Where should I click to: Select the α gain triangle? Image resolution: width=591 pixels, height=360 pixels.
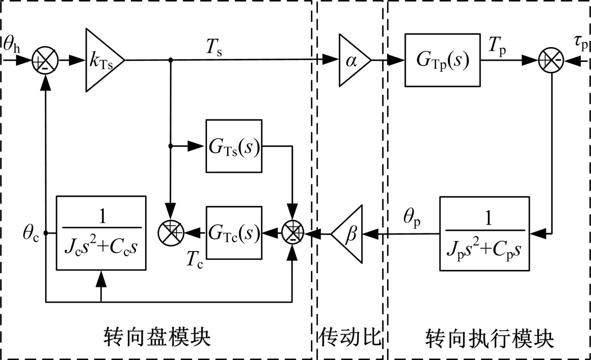coord(352,60)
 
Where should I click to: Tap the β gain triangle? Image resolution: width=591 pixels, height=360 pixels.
coord(349,233)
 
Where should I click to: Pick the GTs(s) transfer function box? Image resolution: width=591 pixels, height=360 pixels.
coord(234,146)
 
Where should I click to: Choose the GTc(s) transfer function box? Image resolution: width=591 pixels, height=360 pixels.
coord(234,232)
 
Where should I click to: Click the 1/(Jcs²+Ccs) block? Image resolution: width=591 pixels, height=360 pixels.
coord(101,232)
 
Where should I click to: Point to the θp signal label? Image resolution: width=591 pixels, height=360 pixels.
coord(412,219)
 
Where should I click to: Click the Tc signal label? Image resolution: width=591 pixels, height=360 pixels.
coord(194,261)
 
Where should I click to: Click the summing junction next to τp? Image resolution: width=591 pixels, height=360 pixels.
coord(551,61)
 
